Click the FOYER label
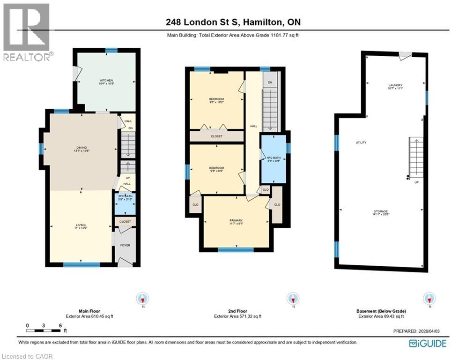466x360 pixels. (125, 245)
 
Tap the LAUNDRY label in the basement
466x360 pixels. (395, 86)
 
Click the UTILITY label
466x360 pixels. (361, 142)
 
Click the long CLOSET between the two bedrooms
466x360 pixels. (216, 136)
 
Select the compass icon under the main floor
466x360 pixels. (142, 298)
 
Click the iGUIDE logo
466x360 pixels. (428, 344)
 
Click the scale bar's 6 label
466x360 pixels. (60, 325)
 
